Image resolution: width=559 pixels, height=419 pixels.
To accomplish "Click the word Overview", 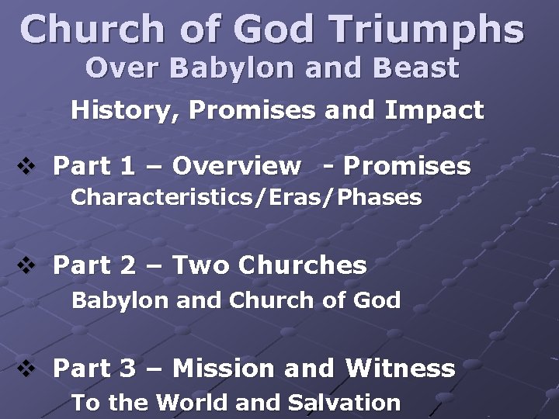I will [236, 166].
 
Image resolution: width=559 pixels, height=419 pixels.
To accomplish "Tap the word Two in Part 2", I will [201, 266].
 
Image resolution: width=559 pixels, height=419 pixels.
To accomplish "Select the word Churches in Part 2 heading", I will [302, 266].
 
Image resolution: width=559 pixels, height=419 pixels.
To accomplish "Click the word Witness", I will [400, 368].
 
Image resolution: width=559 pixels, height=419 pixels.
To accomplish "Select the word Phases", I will [380, 198].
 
